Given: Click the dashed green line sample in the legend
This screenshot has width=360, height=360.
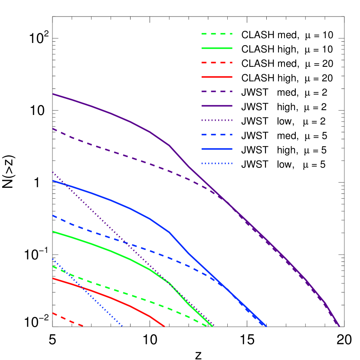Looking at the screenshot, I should (217, 34).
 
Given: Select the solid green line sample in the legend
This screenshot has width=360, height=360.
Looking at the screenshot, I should (217, 48).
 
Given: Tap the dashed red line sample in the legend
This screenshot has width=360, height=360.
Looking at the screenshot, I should (217, 62).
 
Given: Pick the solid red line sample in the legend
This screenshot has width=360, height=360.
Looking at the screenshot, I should (217, 77).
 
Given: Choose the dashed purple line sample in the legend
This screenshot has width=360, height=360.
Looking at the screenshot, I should (217, 92).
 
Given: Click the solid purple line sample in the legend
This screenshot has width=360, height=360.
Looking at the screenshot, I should (217, 106).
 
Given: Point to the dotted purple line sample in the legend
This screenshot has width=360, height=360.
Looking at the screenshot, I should (217, 120).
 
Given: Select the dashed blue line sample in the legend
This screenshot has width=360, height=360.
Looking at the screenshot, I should (217, 134).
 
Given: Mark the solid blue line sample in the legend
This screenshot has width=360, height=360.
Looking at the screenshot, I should (217, 149).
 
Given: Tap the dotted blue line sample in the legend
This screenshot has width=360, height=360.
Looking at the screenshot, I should (217, 164).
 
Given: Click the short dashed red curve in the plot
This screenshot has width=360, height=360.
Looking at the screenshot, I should (67, 319).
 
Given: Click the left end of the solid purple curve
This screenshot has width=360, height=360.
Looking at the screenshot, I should (53, 94).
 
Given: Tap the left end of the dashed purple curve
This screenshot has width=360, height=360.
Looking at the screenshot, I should (53, 129).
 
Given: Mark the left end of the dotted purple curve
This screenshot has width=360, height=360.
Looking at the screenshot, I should (53, 173).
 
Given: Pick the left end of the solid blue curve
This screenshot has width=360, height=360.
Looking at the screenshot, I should (53, 181).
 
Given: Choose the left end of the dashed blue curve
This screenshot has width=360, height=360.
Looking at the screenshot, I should (53, 216).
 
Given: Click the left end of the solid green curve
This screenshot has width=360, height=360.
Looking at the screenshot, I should (53, 232).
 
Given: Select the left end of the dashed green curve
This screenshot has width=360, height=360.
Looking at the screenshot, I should (53, 266).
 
